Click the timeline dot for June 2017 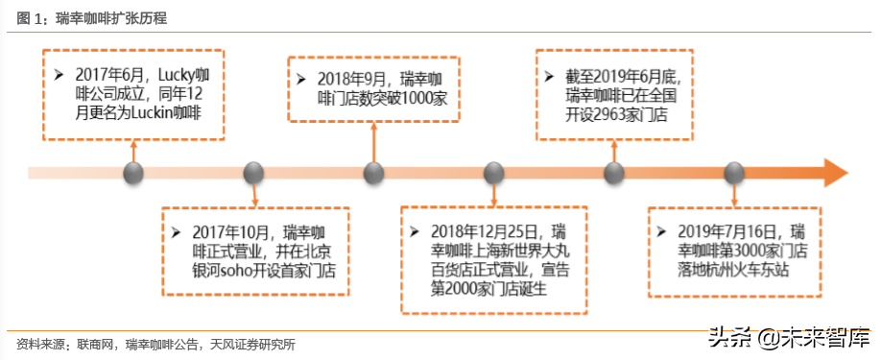point(133,174)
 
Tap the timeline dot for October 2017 point(253,174)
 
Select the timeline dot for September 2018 point(373,174)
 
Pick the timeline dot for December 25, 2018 point(493,174)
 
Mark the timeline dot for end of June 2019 point(614,174)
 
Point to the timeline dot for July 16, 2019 point(734,174)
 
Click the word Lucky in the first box point(174,74)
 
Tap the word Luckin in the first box point(145,111)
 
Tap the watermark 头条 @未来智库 point(787,337)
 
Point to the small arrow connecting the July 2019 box point(734,194)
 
